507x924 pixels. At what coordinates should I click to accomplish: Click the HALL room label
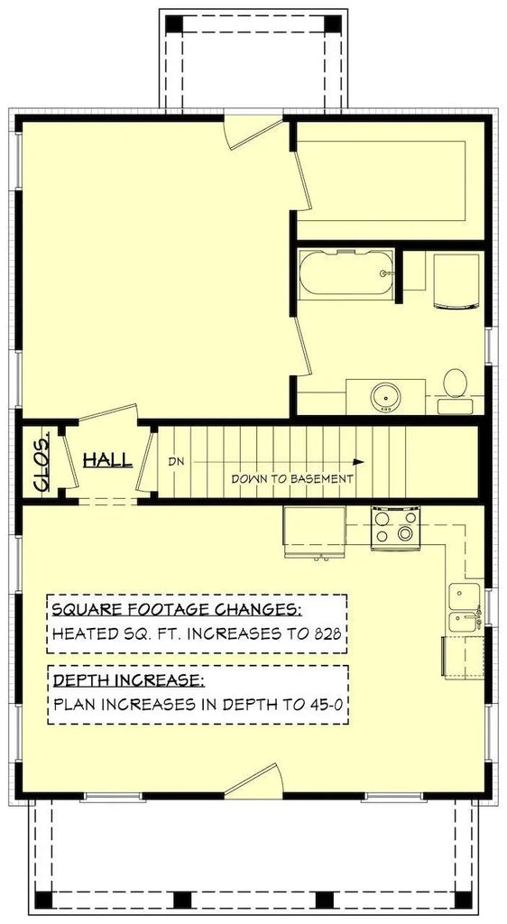(x=107, y=460)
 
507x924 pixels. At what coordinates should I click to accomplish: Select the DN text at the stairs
(x=176, y=461)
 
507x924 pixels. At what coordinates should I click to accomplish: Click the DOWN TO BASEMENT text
(x=292, y=479)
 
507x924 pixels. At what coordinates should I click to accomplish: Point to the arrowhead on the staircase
(x=359, y=459)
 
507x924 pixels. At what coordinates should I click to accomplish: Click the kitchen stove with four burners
(x=396, y=527)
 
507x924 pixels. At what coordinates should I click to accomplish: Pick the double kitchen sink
(x=465, y=606)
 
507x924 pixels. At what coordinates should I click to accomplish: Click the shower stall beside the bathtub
(x=456, y=281)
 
